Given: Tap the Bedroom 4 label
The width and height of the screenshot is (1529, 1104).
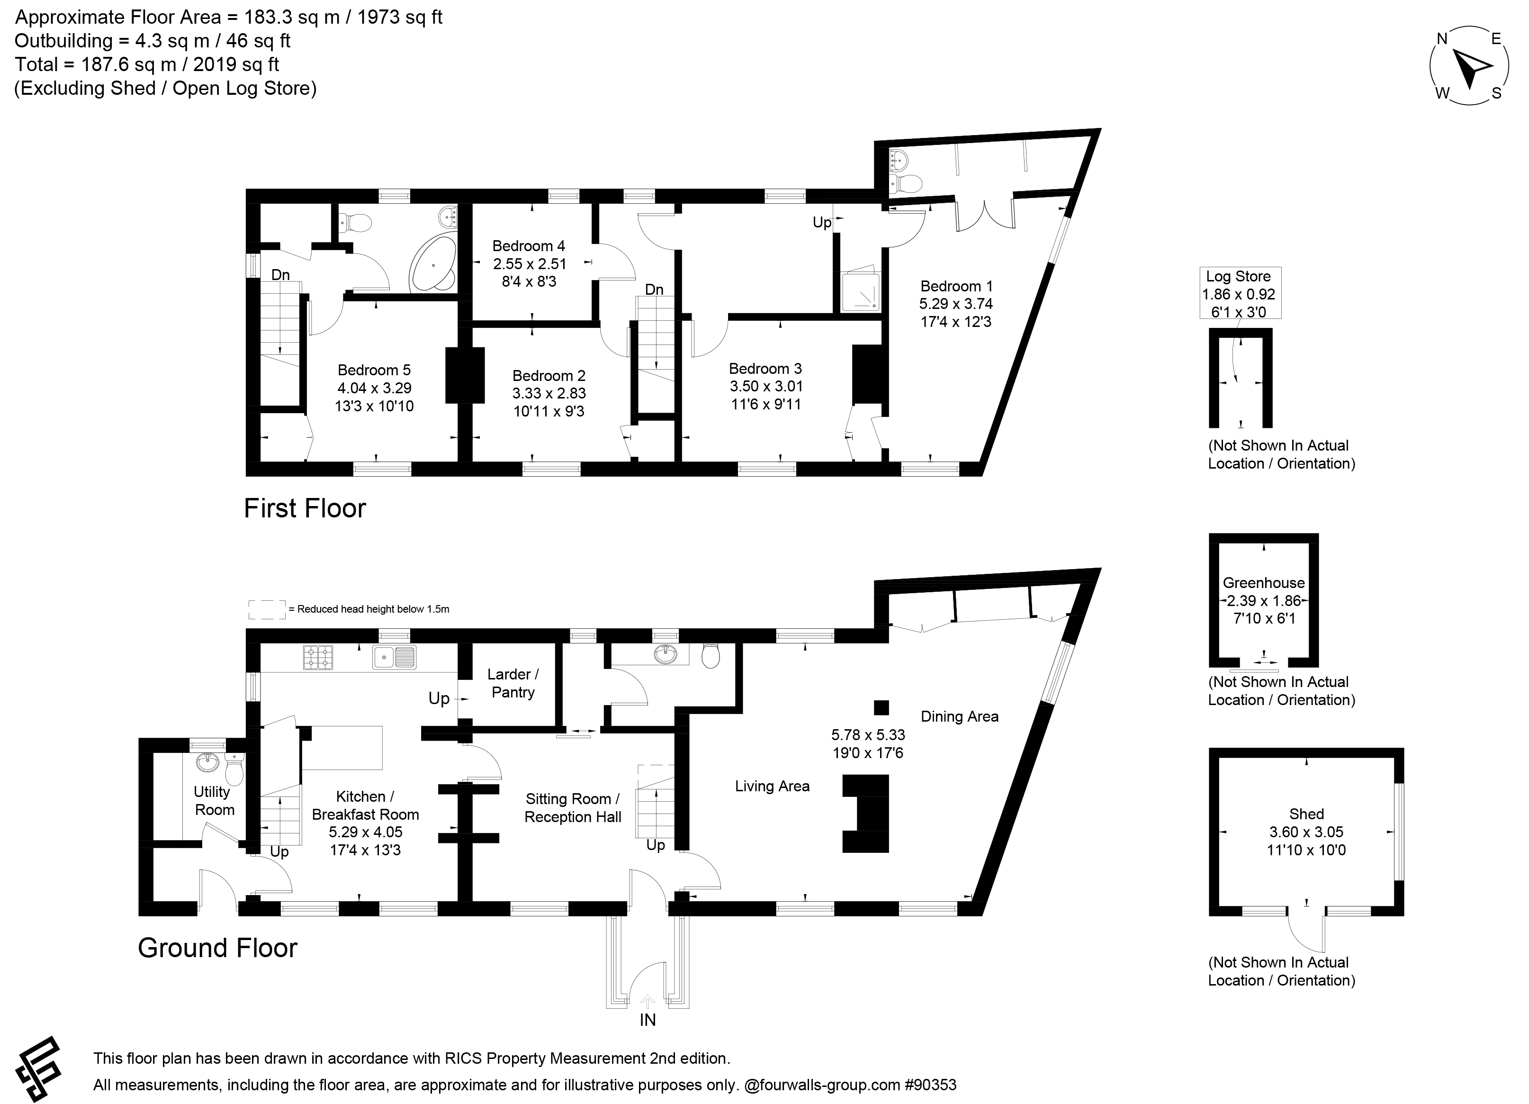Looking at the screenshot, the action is click(529, 246).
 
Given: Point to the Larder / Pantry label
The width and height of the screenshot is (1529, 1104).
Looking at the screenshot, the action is click(513, 683).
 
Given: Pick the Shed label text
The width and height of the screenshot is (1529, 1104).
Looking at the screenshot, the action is click(1306, 814).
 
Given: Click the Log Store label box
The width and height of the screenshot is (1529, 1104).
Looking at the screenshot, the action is click(1241, 293).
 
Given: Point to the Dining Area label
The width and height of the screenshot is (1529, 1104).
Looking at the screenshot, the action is click(959, 717).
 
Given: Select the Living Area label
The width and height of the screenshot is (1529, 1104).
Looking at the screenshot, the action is click(772, 787).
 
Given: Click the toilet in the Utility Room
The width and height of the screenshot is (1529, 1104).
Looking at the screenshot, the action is click(234, 769).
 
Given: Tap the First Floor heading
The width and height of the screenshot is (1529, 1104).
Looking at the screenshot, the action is click(305, 508).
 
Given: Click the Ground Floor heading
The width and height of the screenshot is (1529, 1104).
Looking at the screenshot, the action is click(218, 948).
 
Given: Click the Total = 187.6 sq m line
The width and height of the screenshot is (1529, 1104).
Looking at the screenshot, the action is click(147, 65).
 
